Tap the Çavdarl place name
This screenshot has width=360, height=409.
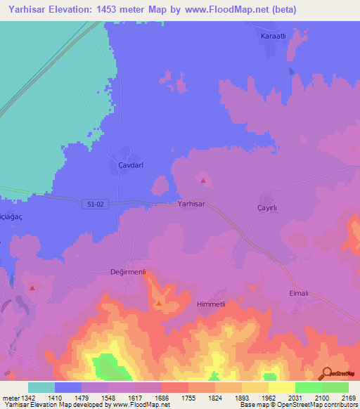click(x=127, y=165)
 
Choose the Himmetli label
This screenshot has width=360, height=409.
click(x=211, y=304)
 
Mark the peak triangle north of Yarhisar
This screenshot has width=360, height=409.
click(x=203, y=181)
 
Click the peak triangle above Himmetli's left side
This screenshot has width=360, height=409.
click(x=159, y=304)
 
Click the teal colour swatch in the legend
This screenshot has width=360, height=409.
click(x=41, y=387)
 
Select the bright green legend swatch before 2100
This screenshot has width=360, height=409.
click(x=308, y=387)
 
